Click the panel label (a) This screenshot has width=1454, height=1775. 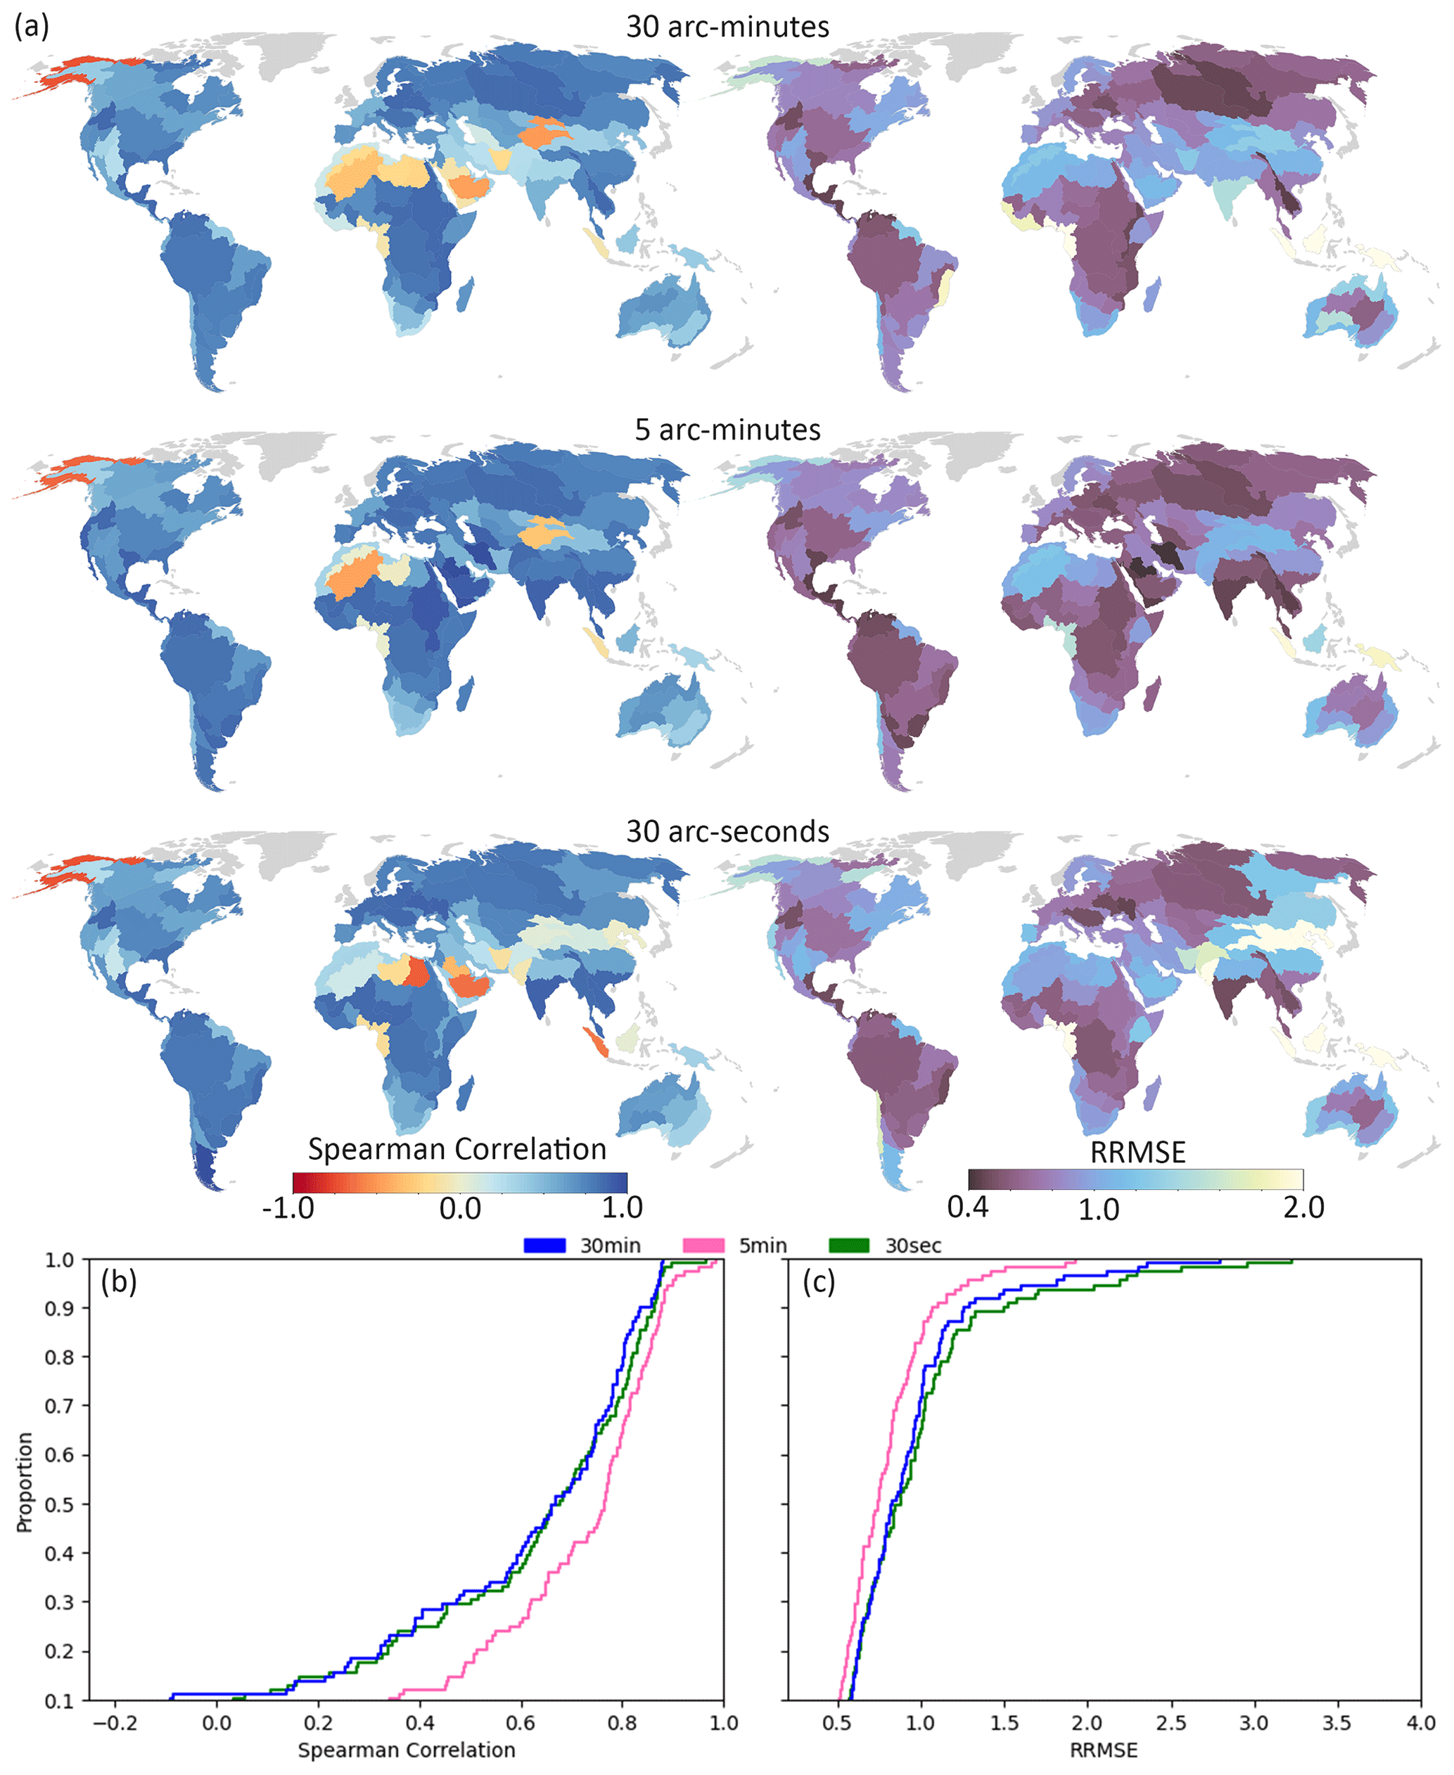tap(32, 27)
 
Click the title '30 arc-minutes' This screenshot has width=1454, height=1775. tap(727, 27)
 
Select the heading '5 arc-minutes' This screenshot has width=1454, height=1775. tap(727, 430)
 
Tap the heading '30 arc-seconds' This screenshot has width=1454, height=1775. tap(727, 831)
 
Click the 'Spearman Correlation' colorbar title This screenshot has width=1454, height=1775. tap(457, 1148)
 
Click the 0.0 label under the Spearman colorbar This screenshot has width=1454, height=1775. tap(460, 1207)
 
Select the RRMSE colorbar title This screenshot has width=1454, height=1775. tap(1137, 1152)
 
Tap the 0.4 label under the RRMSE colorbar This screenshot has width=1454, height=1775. tap(967, 1207)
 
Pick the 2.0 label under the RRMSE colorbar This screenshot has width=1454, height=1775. tap(1303, 1207)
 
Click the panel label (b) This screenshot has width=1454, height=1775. tap(118, 1282)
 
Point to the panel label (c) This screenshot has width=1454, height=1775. tap(819, 1282)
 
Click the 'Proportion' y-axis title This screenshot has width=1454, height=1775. tap(25, 1482)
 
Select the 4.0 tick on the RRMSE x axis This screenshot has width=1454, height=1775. tap(1420, 1723)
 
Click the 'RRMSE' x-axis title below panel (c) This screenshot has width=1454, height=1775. tap(1104, 1750)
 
